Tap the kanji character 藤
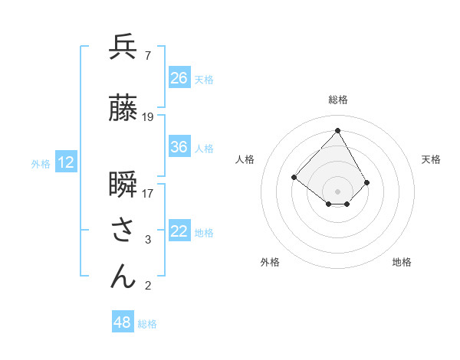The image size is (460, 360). click(123, 108)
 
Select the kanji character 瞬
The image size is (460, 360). click(123, 186)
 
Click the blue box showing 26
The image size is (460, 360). click(179, 77)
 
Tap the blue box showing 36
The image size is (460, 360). click(179, 147)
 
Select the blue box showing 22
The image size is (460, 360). click(179, 232)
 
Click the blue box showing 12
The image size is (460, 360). click(66, 162)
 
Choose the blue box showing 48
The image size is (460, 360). click(123, 322)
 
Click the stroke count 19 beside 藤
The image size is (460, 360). click(148, 117)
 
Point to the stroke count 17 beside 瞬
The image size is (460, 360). click(148, 194)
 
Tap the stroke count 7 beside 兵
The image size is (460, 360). click(147, 55)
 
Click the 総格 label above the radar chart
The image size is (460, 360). click(338, 100)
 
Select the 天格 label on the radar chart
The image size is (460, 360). click(431, 159)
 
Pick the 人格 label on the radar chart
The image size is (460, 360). click(245, 159)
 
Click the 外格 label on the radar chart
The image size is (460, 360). click(270, 262)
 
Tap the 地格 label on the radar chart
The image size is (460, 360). click(402, 262)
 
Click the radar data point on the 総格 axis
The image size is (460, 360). click(337, 130)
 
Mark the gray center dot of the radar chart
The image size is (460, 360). click(337, 191)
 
